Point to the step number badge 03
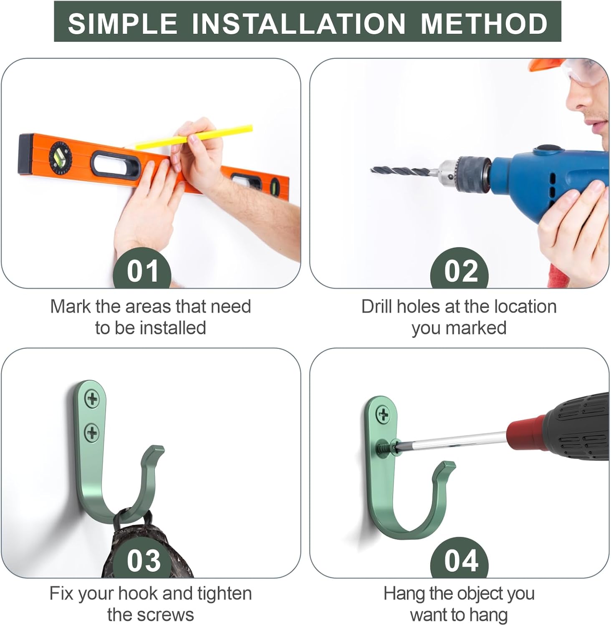pos(144,559)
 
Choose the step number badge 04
pos(460,559)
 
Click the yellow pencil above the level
pos(194,137)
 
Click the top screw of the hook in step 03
pos(92,399)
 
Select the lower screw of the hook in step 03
pos(92,432)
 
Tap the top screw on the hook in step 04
pos(383,414)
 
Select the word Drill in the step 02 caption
pos(377,306)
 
